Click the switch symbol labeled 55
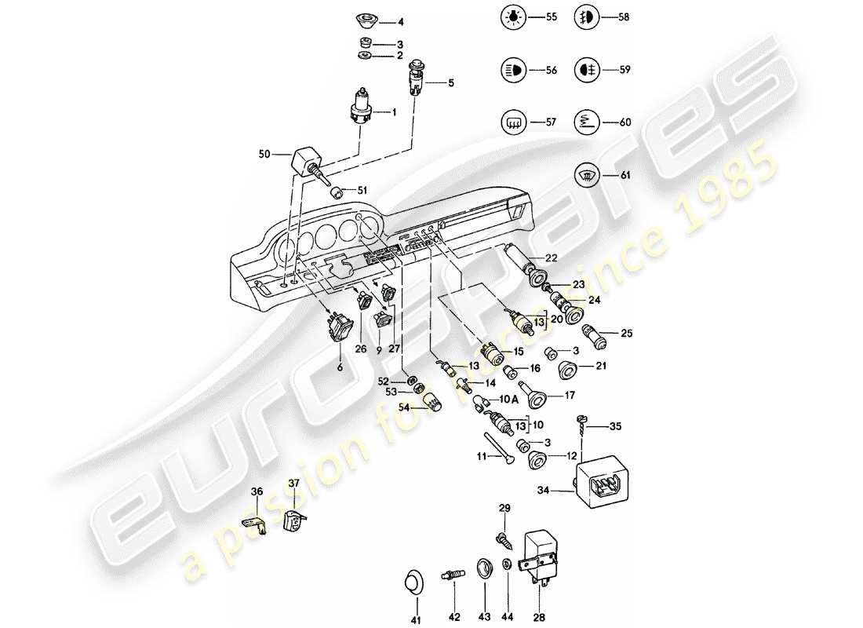[511, 16]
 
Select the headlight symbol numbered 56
[511, 70]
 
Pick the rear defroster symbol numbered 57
[511, 122]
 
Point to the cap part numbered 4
[364, 18]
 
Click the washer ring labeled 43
[483, 568]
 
